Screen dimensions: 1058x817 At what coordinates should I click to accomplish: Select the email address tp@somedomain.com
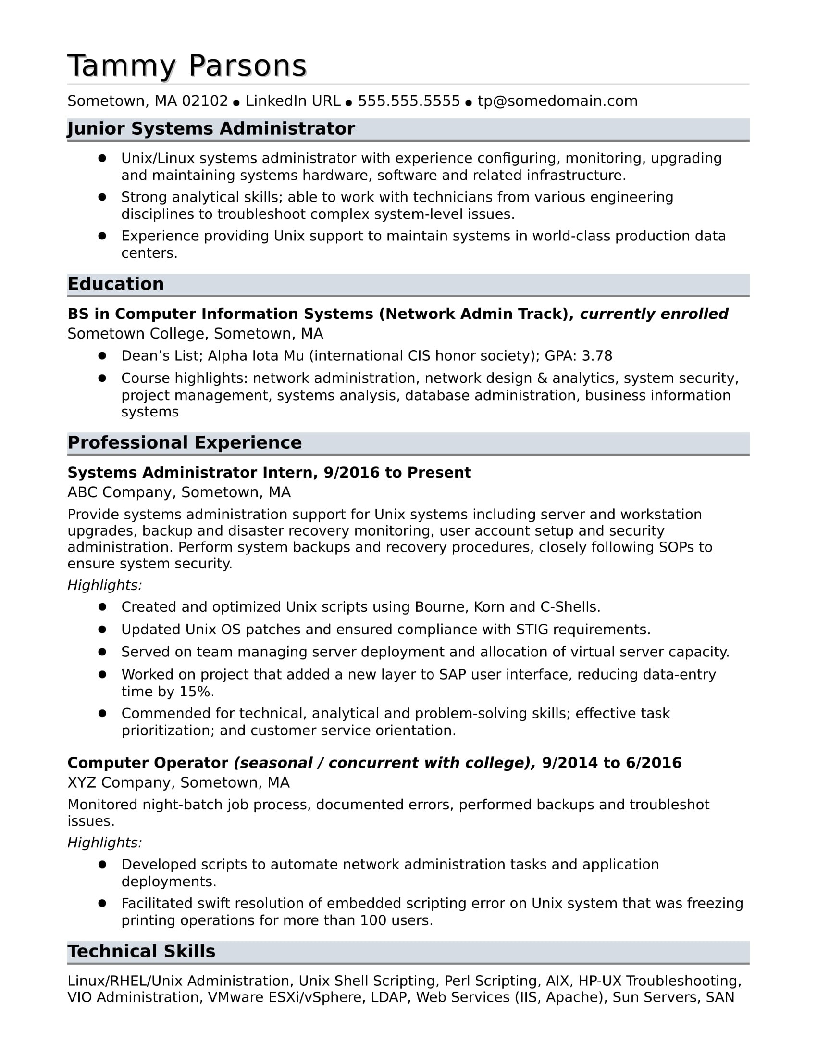click(x=557, y=101)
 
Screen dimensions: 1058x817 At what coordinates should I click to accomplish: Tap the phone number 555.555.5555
click(x=408, y=101)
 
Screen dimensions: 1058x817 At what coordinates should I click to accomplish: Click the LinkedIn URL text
click(x=293, y=101)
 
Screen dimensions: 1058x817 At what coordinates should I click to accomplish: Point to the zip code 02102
click(x=205, y=101)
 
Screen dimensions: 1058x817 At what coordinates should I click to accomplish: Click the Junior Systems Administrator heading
click(x=211, y=129)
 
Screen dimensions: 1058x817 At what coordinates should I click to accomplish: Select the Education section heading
click(x=116, y=284)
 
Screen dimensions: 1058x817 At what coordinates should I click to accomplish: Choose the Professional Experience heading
click(x=185, y=443)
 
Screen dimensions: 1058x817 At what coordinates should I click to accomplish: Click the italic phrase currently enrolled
click(x=654, y=314)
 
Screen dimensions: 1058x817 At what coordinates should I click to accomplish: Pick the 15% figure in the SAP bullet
click(x=196, y=692)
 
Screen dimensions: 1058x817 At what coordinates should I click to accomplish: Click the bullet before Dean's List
click(x=102, y=355)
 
